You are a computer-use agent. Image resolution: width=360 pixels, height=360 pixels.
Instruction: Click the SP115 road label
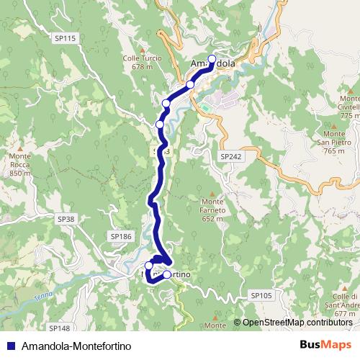tap(65, 38)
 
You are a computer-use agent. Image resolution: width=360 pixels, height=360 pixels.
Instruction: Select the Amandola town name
tap(212, 64)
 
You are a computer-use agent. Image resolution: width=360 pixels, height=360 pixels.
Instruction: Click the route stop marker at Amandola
tap(212, 59)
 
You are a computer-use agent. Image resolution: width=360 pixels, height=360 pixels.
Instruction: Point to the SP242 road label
tap(230, 156)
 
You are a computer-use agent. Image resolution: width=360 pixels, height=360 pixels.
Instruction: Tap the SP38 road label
tap(66, 218)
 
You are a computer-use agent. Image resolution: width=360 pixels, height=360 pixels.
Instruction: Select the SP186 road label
tap(121, 236)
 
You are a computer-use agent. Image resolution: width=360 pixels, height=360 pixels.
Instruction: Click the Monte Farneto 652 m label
tap(214, 210)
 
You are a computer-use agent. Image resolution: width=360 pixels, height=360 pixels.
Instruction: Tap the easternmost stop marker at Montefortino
tap(167, 274)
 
